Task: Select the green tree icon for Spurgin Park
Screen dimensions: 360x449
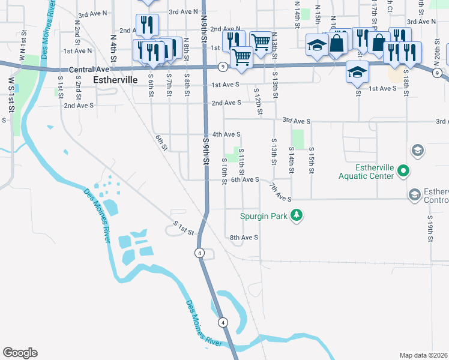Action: pyautogui.click(x=295, y=215)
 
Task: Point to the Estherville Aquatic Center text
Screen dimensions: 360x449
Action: pyautogui.click(x=366, y=171)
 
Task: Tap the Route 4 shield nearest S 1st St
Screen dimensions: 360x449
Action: pyautogui.click(x=199, y=253)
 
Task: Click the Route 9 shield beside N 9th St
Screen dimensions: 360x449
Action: pyautogui.click(x=222, y=65)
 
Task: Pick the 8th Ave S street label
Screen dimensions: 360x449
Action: pyautogui.click(x=244, y=238)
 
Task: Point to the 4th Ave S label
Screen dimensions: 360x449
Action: pyautogui.click(x=226, y=134)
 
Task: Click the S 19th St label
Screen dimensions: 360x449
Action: pyautogui.click(x=430, y=228)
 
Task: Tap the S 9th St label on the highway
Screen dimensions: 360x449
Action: pyautogui.click(x=206, y=152)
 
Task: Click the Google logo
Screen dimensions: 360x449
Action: pyautogui.click(x=20, y=352)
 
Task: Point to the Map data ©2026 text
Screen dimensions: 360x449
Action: pyautogui.click(x=423, y=355)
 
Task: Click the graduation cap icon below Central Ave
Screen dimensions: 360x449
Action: pyautogui.click(x=357, y=73)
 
